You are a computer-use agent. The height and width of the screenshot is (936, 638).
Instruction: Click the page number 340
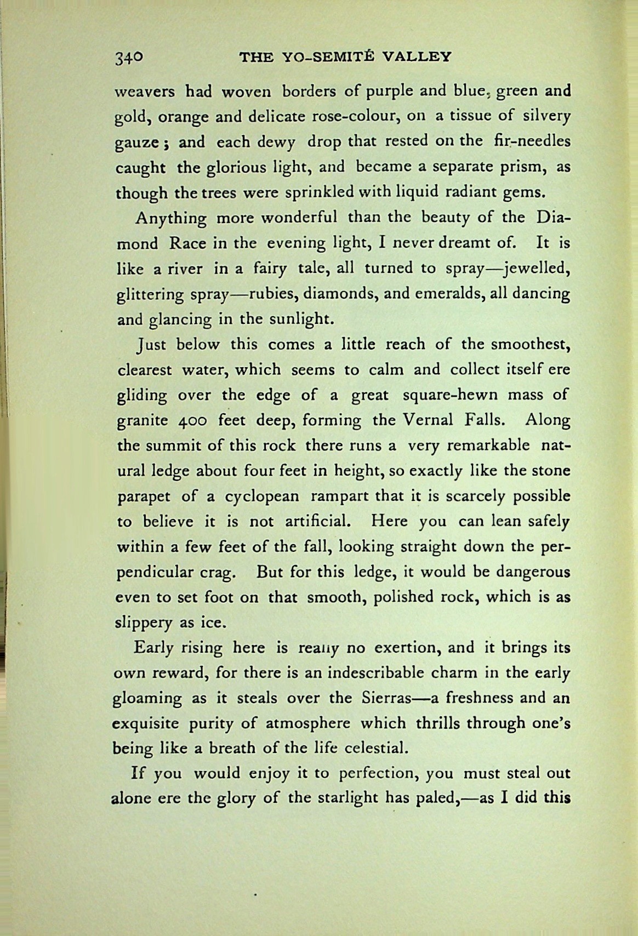coord(129,58)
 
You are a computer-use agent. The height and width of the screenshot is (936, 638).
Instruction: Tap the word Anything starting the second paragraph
coord(171,219)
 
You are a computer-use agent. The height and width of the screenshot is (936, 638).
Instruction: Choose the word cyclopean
coord(262,496)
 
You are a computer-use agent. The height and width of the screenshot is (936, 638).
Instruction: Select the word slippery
coord(143,623)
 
